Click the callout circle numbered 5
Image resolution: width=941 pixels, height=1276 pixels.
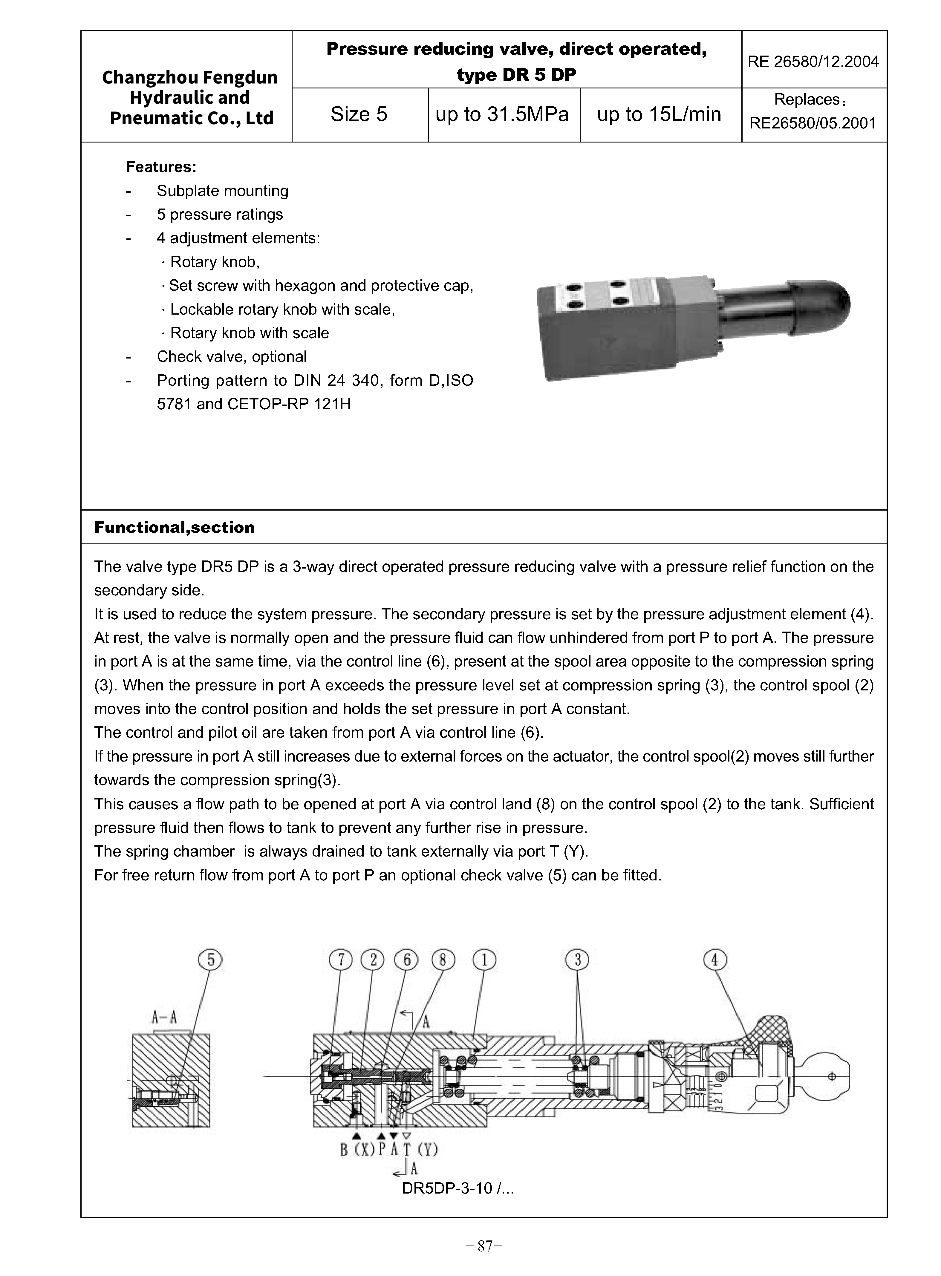[x=210, y=960]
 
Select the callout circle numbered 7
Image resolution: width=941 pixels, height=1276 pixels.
[x=341, y=960]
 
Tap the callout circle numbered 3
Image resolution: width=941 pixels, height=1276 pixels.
[x=577, y=960]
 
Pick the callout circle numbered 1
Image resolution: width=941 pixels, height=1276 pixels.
[x=484, y=960]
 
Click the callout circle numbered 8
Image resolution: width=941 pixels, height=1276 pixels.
[x=443, y=960]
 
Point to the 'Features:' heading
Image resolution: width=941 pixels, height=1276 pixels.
[x=161, y=167]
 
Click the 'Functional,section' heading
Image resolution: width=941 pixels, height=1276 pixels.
[x=174, y=527]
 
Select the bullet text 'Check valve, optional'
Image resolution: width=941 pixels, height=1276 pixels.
[x=232, y=356]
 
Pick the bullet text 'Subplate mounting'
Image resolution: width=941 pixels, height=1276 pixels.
[x=223, y=191]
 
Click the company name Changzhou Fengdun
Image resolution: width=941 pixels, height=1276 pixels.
[x=190, y=77]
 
